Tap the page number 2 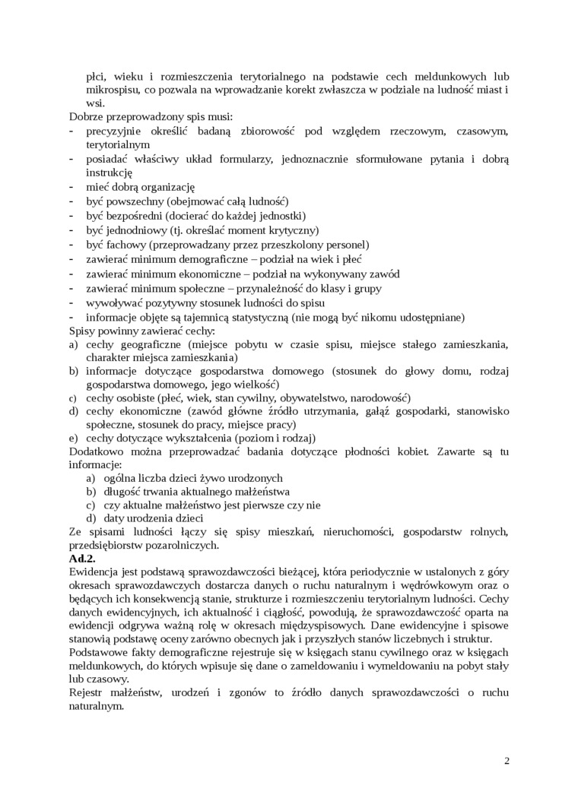pos(507,761)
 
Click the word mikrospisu pos(113,90)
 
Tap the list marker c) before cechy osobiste pos(74,398)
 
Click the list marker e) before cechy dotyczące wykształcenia pos(74,439)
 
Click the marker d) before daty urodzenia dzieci pos(90,518)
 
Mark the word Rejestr pos(86,692)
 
